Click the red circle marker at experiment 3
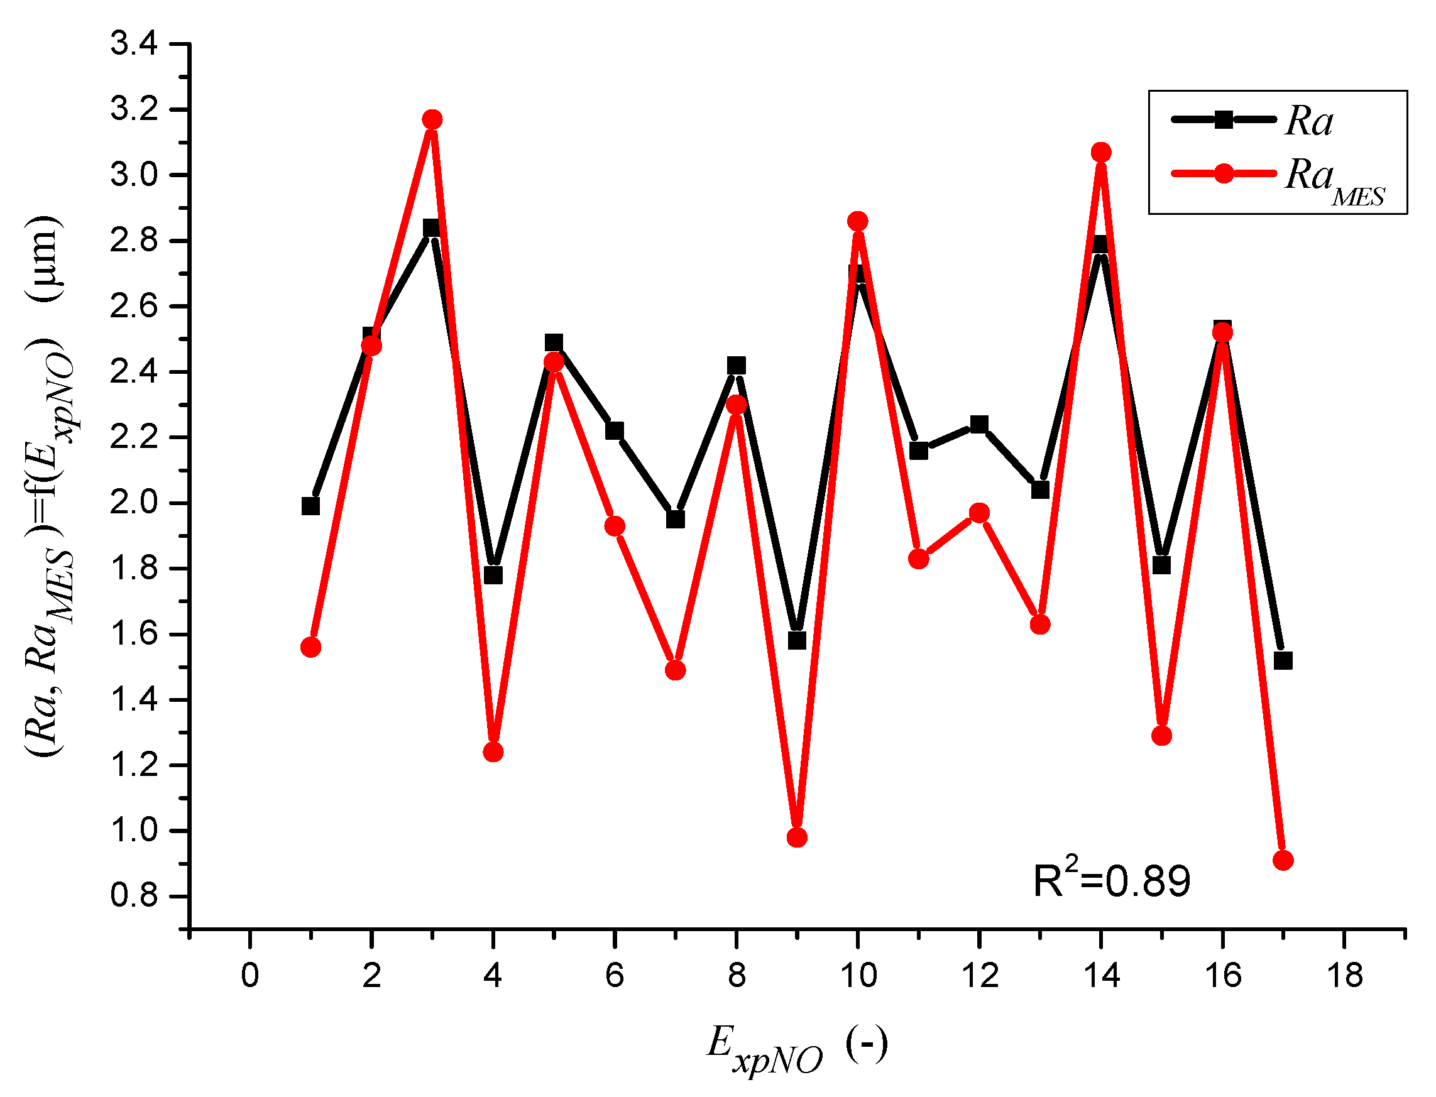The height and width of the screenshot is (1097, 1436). point(432,119)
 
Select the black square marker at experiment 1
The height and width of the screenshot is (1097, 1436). point(311,506)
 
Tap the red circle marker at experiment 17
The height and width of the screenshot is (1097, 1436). point(1283,861)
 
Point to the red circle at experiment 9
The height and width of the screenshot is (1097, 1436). point(797,838)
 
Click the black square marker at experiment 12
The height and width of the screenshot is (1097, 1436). point(979,425)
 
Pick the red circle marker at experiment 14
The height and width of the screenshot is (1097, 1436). point(1101,152)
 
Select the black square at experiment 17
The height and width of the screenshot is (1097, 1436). point(1283,661)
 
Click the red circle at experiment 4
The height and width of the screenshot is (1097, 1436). point(493,752)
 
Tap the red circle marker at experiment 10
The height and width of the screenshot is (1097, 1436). point(857,221)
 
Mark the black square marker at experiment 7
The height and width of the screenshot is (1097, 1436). point(675,520)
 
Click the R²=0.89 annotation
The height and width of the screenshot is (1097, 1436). point(1112,880)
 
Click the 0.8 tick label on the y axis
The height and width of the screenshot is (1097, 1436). point(134,895)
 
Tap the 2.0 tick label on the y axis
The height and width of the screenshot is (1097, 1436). point(134,503)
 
